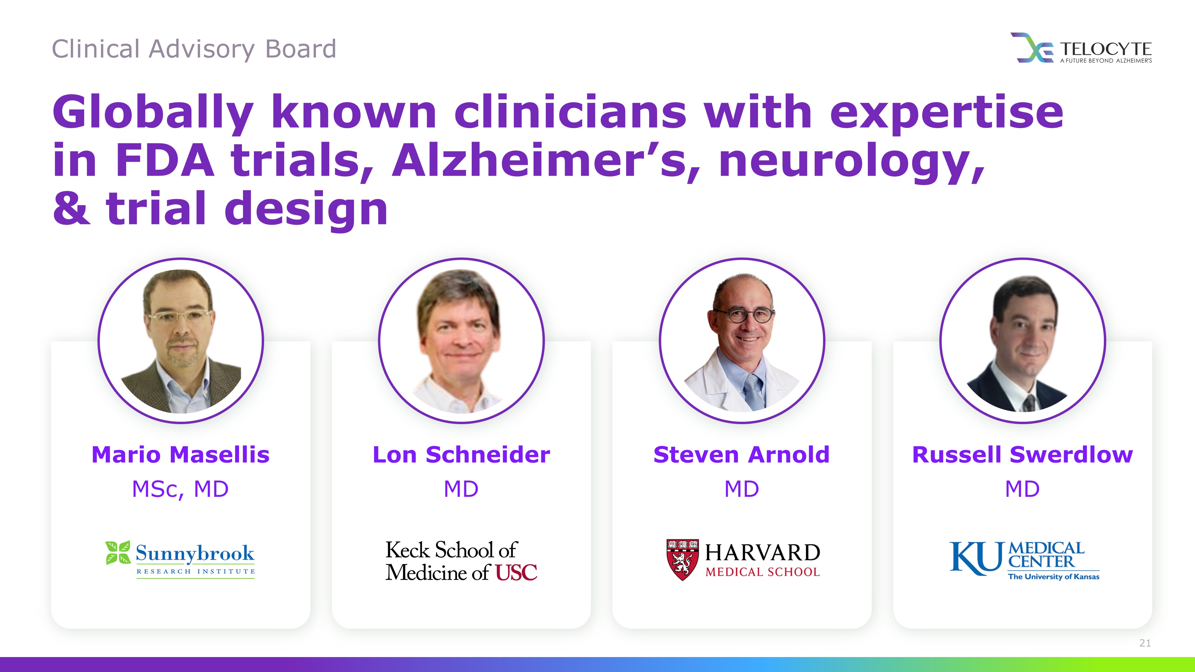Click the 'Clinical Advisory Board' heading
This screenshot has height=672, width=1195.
tap(194, 49)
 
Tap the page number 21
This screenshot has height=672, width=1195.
tap(1145, 643)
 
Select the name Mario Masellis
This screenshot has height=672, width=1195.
tap(180, 455)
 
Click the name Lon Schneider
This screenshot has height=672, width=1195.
tap(461, 455)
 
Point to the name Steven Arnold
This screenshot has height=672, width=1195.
tap(741, 455)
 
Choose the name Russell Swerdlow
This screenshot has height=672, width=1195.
tap(1022, 455)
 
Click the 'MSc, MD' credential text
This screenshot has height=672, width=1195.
tap(180, 489)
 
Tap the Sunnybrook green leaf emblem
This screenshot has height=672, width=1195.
tap(118, 553)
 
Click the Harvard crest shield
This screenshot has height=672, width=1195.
tap(682, 560)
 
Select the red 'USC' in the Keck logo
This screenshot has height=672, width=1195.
tap(516, 572)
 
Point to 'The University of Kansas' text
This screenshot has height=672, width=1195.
tap(1053, 576)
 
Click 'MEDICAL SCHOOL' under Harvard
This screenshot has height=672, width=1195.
tap(763, 572)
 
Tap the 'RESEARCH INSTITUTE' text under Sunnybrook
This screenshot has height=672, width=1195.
tap(196, 571)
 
